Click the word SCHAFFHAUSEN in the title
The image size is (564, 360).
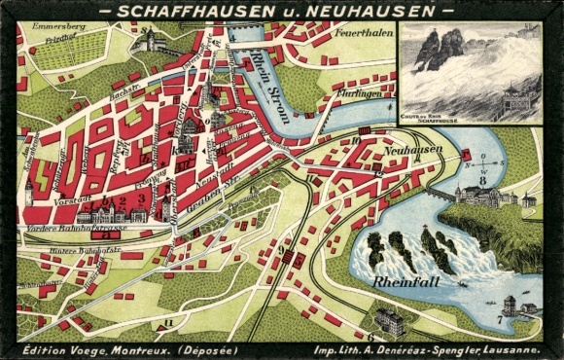(186, 11)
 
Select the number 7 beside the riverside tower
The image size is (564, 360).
(499, 318)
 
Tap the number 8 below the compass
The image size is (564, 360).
(481, 181)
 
